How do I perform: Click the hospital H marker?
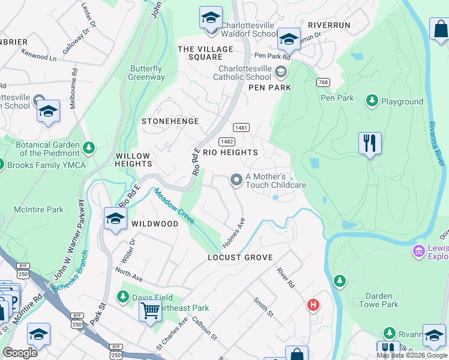click(x=313, y=305)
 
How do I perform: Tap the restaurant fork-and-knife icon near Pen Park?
click(x=370, y=143)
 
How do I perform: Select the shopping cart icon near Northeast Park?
click(x=149, y=311)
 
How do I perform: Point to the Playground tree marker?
click(x=372, y=101)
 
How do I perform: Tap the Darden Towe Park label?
click(x=378, y=300)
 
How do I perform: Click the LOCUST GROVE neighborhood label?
click(x=240, y=257)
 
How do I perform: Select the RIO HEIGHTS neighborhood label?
click(x=231, y=152)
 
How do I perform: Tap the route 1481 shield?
click(x=241, y=128)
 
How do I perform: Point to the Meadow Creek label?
click(x=175, y=207)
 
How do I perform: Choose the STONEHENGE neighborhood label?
click(x=170, y=121)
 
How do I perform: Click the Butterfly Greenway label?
click(x=147, y=73)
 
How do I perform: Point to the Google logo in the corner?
click(x=20, y=353)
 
